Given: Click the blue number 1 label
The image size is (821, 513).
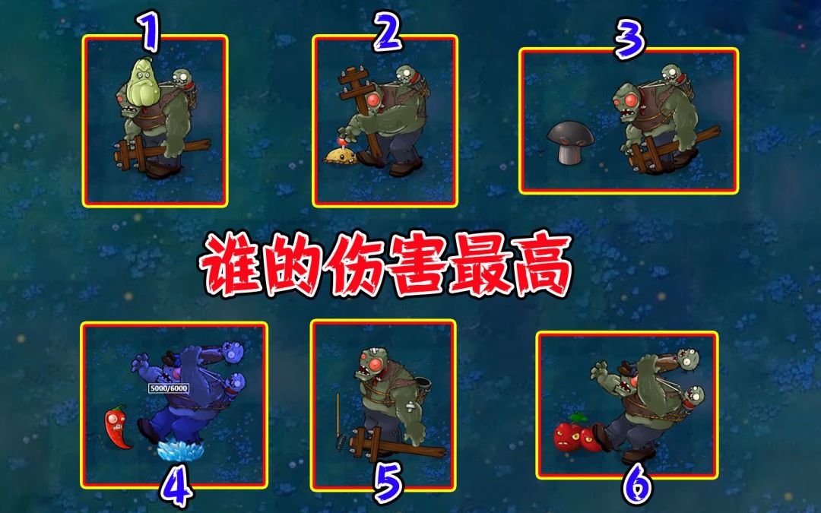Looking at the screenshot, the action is pos(149,33).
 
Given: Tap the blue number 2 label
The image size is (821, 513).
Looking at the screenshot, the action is pos(388,31).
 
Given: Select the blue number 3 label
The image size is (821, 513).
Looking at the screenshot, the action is pos(629,40).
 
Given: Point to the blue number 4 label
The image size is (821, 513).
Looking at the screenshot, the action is pos(176,486).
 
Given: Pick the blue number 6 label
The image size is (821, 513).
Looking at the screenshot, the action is pos(637,483).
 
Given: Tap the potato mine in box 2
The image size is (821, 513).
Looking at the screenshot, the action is pos(341,153).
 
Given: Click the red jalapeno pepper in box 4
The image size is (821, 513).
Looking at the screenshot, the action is pos(118,427).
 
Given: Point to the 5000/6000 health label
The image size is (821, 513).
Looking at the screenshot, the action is pos(169,388).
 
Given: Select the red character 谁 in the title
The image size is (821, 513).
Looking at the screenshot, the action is pos(233,265).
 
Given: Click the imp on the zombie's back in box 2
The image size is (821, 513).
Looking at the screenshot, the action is pos(408,78).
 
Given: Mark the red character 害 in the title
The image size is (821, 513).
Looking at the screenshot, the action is pos(416,265).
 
